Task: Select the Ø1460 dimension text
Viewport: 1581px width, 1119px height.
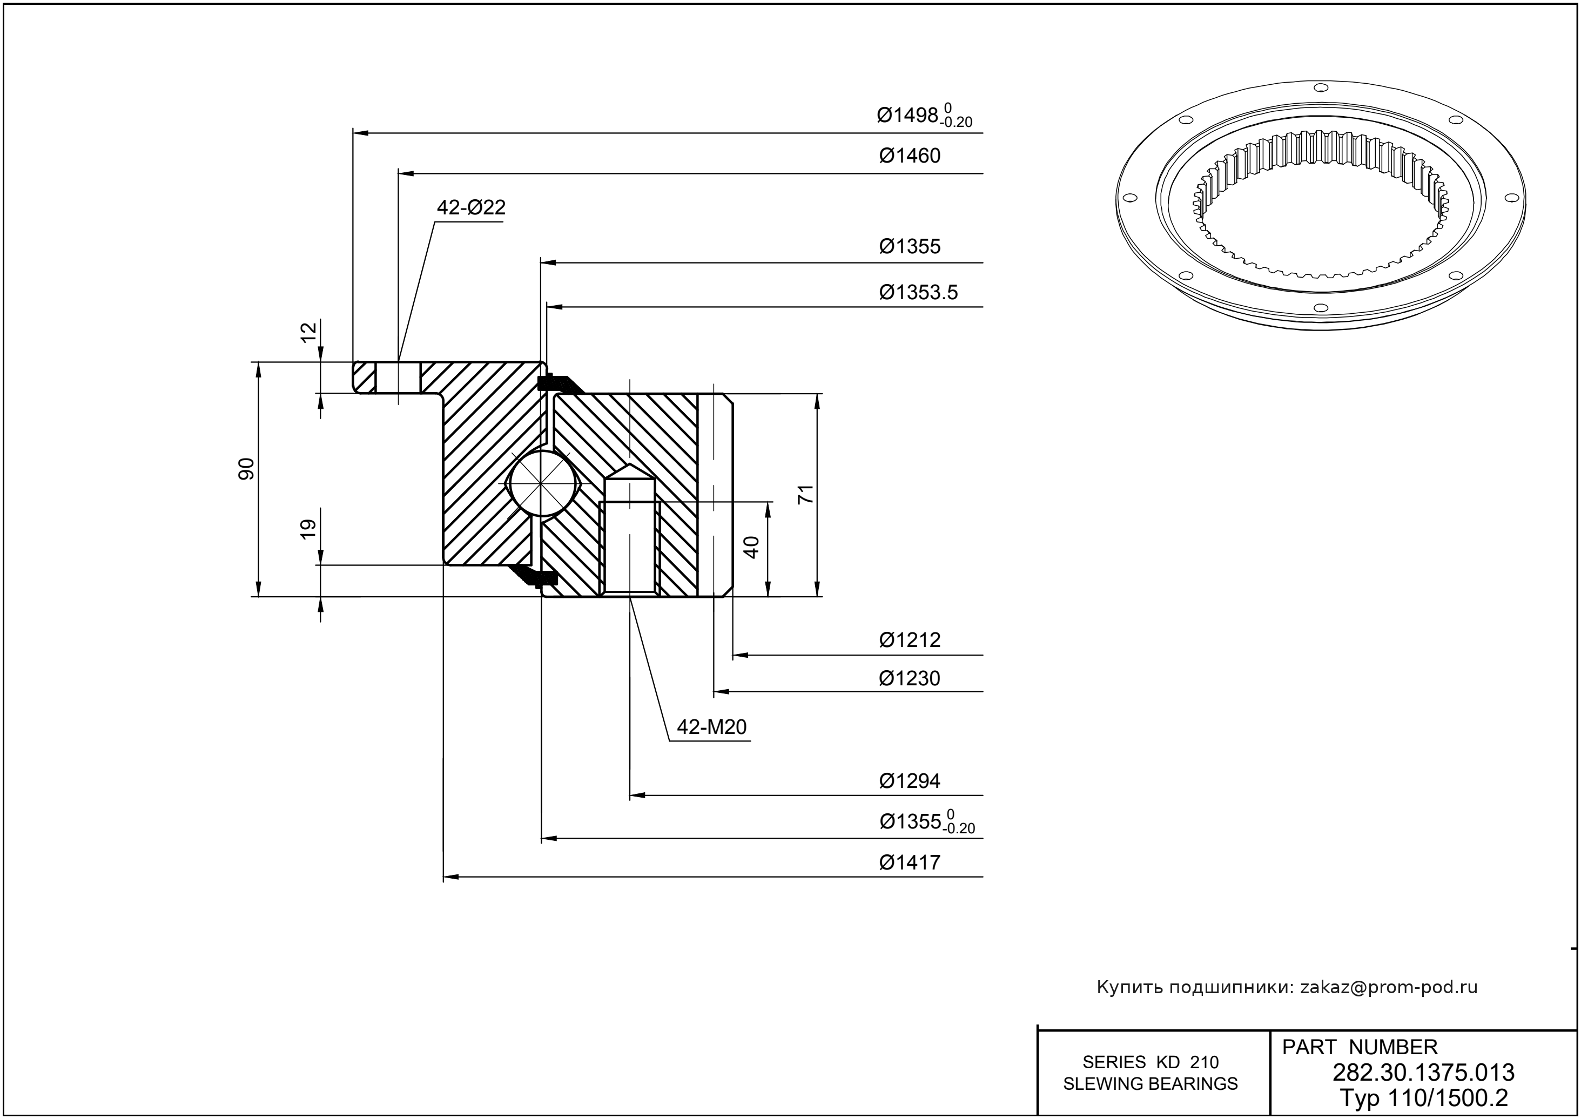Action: point(909,156)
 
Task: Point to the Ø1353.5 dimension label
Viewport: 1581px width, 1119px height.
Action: point(918,293)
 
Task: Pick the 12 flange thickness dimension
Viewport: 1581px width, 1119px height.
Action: point(310,332)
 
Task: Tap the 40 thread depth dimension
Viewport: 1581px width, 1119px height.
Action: point(752,547)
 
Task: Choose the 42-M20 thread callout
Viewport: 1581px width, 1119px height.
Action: point(711,727)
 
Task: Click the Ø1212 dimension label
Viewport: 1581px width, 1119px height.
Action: point(909,640)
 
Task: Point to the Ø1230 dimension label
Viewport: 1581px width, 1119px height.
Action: point(909,679)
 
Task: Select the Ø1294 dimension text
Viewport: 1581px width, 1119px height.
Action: point(909,781)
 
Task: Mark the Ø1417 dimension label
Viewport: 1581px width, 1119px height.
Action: point(909,862)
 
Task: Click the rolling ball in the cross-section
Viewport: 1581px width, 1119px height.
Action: point(542,483)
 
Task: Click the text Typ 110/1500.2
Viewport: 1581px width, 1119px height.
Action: point(1423,1096)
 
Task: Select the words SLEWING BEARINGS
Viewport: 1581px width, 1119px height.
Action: point(1151,1084)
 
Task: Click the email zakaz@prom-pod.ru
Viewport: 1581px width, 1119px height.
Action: point(1388,987)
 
